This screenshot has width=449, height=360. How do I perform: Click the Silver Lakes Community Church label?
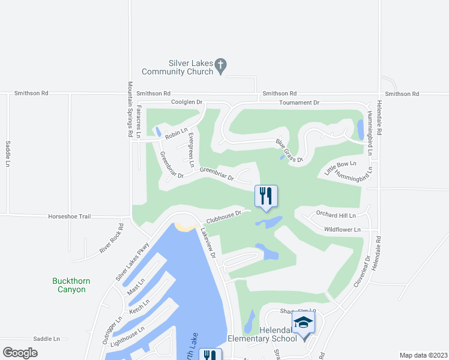click(x=177, y=67)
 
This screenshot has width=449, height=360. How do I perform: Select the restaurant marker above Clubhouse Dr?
click(x=266, y=196)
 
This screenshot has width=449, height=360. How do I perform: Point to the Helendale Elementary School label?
click(x=278, y=334)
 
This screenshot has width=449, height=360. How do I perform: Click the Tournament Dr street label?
click(x=299, y=103)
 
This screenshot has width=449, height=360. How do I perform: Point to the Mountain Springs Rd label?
click(x=130, y=110)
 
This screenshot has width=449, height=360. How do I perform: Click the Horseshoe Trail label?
click(x=69, y=216)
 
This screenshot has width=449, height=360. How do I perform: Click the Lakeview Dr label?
click(x=208, y=242)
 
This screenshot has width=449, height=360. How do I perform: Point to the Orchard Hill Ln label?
click(x=336, y=215)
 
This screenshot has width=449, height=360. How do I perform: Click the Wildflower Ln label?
click(x=342, y=229)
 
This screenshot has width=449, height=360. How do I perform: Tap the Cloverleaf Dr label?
click(x=361, y=271)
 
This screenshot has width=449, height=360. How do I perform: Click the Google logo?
click(x=20, y=352)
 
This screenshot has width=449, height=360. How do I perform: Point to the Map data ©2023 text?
click(x=423, y=355)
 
